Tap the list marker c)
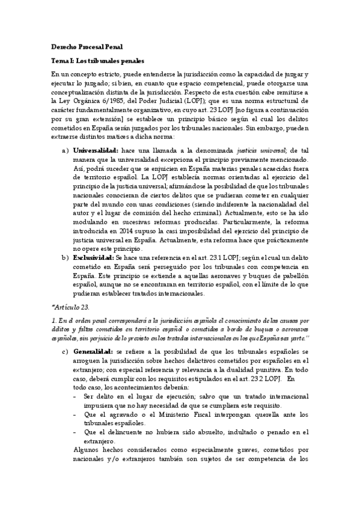pos(66,351)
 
